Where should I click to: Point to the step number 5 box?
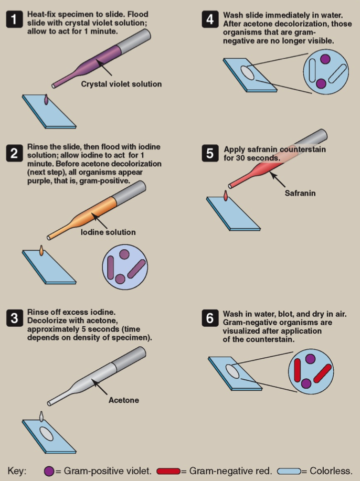point(210,153)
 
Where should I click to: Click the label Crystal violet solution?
point(121,84)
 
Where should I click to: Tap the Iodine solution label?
point(108,232)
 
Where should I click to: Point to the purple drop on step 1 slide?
point(46,99)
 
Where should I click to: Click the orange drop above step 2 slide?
point(41,250)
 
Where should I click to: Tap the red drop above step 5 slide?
point(226,196)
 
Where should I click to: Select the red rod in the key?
point(168,471)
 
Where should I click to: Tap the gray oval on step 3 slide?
point(47,434)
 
